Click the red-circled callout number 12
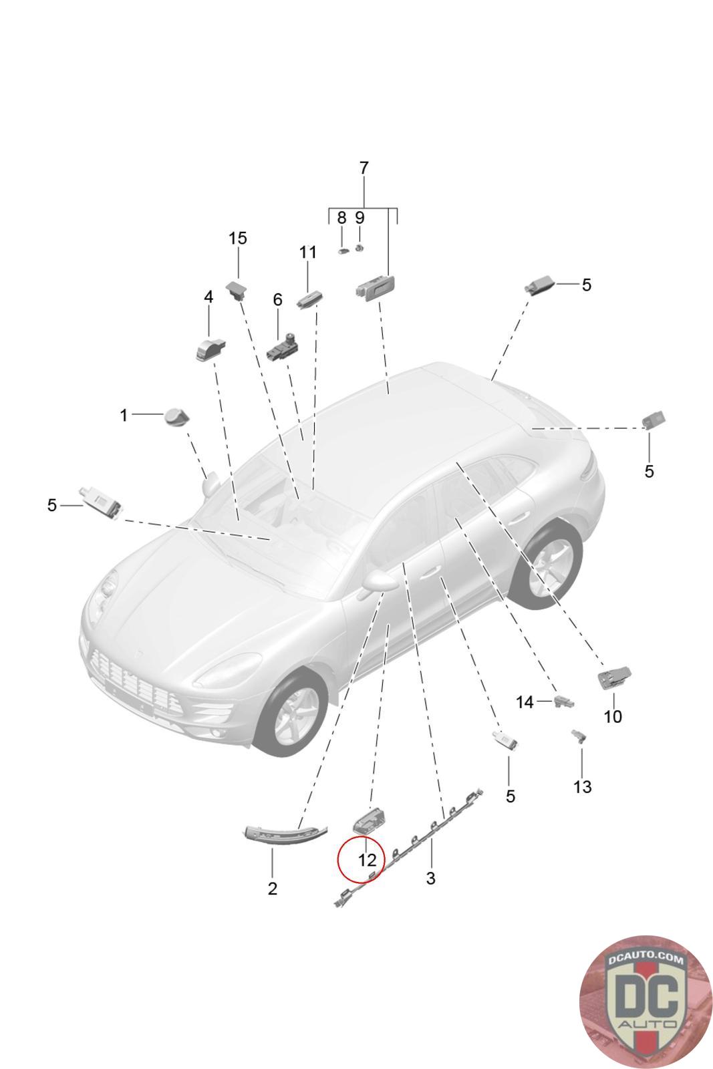tap(367, 860)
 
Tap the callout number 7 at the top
tap(364, 168)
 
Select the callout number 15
tap(238, 238)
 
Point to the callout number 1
tap(124, 416)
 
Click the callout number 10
tap(612, 717)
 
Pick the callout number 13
tap(582, 786)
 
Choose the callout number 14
tap(525, 702)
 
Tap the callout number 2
tap(272, 889)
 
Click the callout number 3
tap(430, 878)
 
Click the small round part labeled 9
tap(360, 248)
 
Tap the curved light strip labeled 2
tap(285, 832)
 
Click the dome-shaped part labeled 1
tap(176, 417)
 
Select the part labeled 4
tap(210, 349)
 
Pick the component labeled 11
tap(309, 298)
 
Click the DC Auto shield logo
tap(646, 1001)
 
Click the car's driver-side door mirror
tap(379, 580)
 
